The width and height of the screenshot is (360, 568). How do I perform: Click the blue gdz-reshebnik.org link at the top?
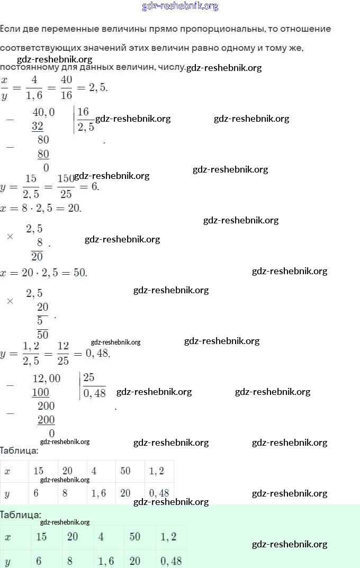point(180,6)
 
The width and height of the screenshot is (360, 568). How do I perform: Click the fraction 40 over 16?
point(66,87)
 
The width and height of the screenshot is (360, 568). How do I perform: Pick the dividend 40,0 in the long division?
point(43,112)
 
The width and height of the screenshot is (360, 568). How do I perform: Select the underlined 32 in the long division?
point(38,127)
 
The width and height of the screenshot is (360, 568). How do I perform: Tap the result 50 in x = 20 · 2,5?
point(79,273)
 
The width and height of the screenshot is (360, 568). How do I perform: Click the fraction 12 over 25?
point(63,353)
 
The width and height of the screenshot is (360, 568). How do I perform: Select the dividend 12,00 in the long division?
point(47,378)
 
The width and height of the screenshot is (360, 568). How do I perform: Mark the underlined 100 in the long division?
point(41,392)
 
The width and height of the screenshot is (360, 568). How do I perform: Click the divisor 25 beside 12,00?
point(88,377)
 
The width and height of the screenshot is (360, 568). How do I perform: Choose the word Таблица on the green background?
point(20,515)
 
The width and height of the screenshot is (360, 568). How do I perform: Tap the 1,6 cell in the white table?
point(98,493)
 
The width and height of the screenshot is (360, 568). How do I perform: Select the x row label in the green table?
point(8,537)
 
